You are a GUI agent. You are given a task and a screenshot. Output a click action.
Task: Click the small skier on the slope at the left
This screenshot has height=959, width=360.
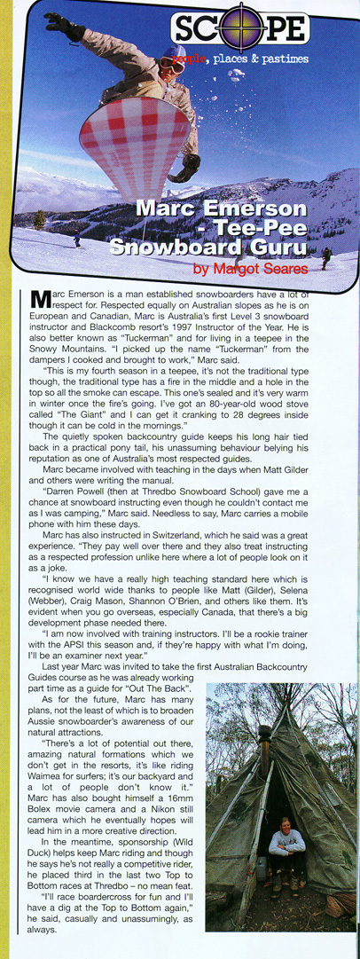tap(76, 240)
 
